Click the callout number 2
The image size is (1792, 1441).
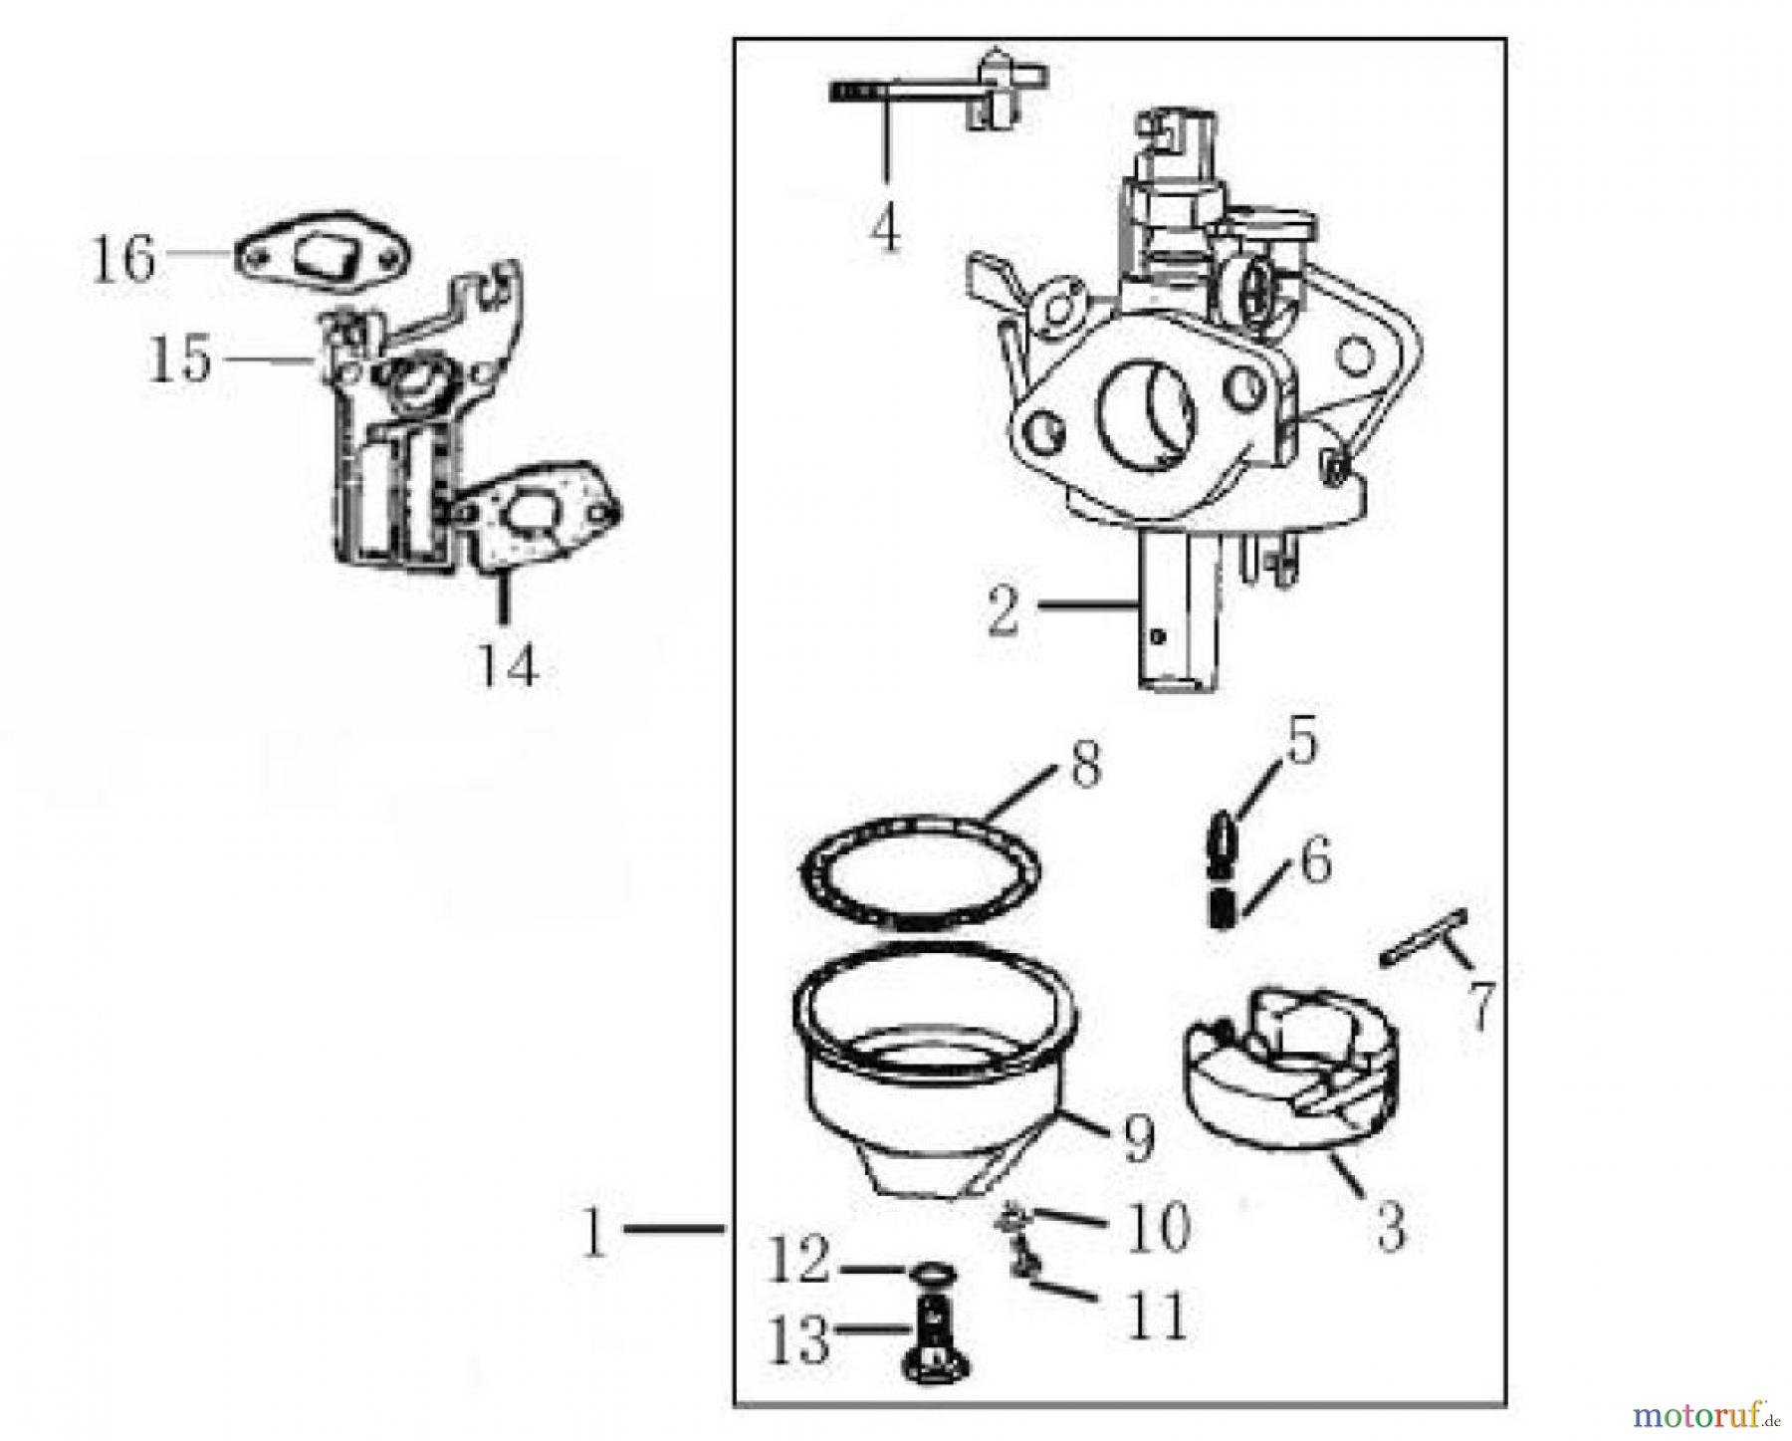(1005, 610)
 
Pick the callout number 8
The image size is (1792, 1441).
(1084, 766)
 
